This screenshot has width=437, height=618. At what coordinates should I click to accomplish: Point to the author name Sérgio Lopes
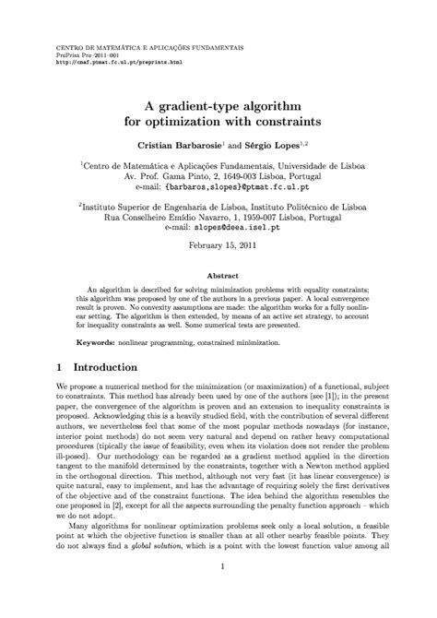click(273, 147)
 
